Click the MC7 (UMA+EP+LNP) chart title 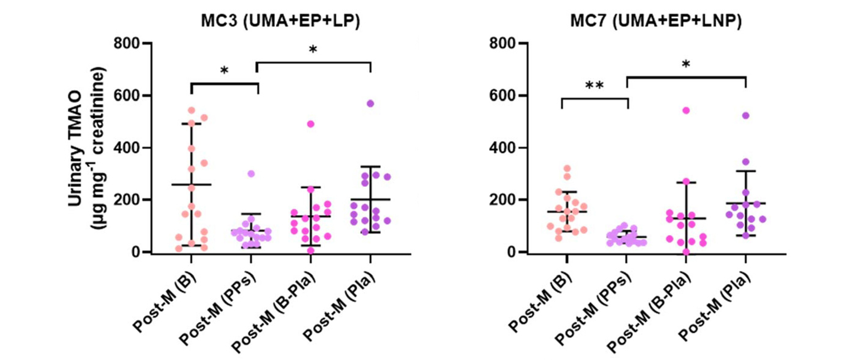tap(656, 21)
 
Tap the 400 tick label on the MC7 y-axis tap(502, 148)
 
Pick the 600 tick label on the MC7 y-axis tap(502, 96)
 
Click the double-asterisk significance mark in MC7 tap(594, 85)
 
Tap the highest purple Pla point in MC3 tap(370, 103)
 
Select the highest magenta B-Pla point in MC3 tap(310, 124)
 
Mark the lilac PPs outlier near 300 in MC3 tap(251, 174)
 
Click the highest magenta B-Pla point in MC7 tap(686, 110)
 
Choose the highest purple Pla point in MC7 tap(746, 116)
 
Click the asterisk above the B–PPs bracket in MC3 tap(224, 71)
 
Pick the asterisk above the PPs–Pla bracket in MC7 tap(686, 65)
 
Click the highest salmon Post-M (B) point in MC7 tap(567, 169)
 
